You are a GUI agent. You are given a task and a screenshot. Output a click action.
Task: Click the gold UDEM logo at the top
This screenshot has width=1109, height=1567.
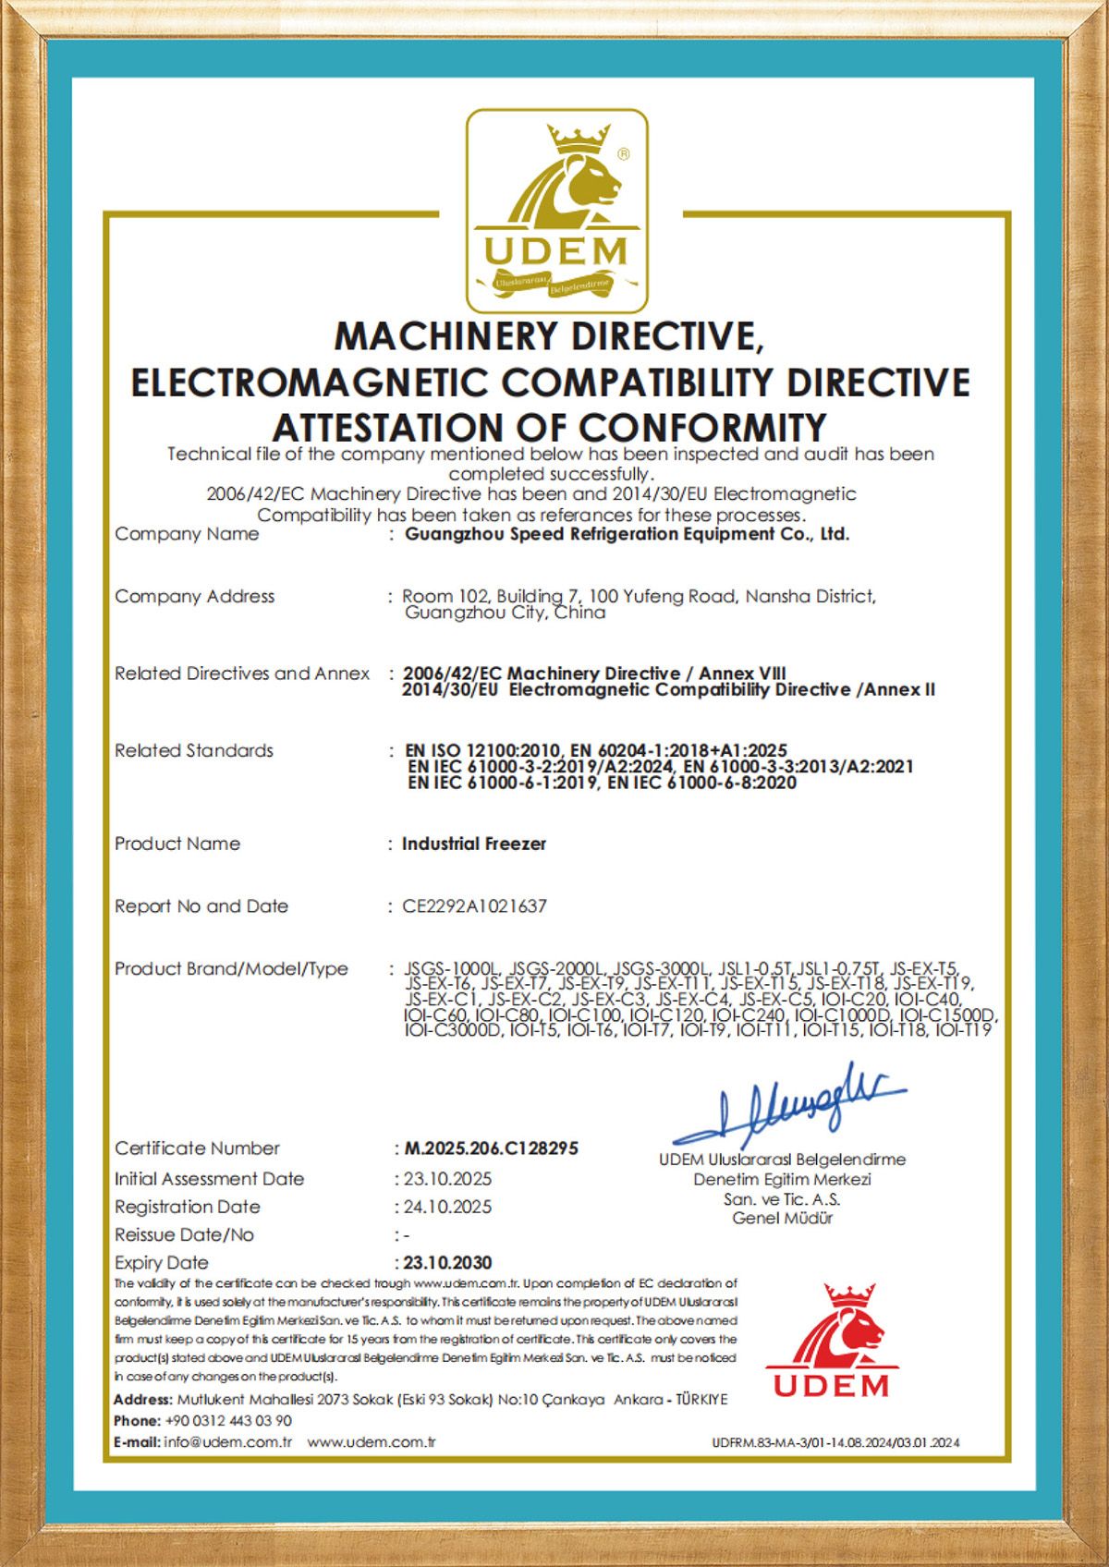tap(556, 211)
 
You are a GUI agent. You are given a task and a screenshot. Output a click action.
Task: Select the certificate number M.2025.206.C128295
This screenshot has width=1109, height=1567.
tap(492, 1148)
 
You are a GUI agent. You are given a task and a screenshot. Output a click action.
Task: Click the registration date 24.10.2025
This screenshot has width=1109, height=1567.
tap(448, 1207)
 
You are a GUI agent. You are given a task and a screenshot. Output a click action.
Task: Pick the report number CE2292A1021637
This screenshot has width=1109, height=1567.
tap(474, 906)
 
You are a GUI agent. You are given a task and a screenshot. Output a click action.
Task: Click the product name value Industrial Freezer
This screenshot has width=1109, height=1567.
tap(474, 844)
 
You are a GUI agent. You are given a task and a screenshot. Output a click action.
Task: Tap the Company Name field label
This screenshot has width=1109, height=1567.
tap(187, 534)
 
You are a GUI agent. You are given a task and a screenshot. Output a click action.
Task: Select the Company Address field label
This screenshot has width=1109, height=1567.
tap(194, 596)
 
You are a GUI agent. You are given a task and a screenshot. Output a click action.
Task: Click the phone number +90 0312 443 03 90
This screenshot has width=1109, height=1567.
tap(228, 1421)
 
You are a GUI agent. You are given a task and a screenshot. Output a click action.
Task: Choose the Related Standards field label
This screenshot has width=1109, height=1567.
tap(194, 750)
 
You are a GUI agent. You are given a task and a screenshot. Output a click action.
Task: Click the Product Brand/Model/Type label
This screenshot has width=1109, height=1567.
tap(231, 968)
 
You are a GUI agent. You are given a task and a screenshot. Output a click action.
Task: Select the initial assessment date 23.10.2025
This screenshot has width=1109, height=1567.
tap(448, 1179)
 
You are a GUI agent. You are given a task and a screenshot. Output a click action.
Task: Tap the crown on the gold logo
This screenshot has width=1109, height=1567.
tap(575, 140)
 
